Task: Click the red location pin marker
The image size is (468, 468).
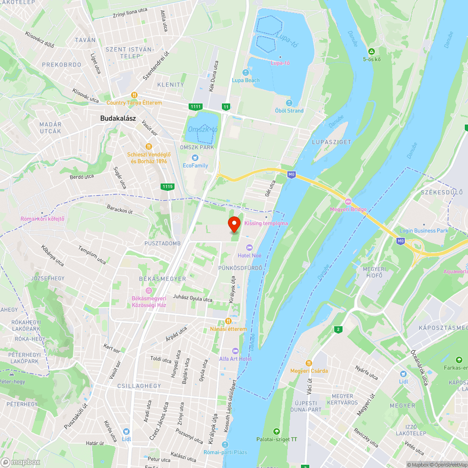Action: [x=234, y=225]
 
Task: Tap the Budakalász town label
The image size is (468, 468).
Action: [x=118, y=118]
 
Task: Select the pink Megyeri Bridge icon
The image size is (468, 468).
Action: [x=348, y=201]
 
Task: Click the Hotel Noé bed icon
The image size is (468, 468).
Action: [x=249, y=247]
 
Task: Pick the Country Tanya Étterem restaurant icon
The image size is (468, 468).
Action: [x=134, y=95]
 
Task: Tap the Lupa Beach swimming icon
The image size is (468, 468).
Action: [x=246, y=72]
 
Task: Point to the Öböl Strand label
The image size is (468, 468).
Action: [x=289, y=111]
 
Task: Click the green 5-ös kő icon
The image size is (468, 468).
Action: [x=372, y=51]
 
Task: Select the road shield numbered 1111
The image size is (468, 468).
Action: [x=196, y=107]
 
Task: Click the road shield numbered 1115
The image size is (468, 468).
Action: [x=167, y=187]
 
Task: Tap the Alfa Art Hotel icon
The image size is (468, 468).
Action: [x=235, y=351]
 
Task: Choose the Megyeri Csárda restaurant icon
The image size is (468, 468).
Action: [x=309, y=363]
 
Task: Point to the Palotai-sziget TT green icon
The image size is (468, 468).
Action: [x=277, y=431]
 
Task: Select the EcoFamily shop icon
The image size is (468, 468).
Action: [x=195, y=157]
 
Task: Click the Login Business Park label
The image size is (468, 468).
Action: [x=424, y=231]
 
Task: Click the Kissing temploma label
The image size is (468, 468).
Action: [x=266, y=224]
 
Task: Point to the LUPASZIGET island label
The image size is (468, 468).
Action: [x=331, y=142]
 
